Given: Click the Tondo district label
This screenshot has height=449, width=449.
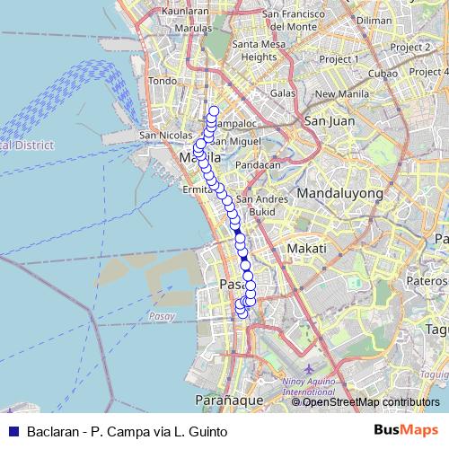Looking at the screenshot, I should pos(163,81).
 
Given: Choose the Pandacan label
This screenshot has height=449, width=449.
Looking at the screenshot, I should pos(258,165).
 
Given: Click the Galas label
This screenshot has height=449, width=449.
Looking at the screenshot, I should pos(283,92).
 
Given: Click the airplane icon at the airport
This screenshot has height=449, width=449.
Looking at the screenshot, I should pos(309,369).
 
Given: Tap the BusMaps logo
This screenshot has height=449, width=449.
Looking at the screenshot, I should pos(400,431).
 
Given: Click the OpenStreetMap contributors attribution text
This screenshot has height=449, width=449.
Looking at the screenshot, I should pos(365,402).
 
